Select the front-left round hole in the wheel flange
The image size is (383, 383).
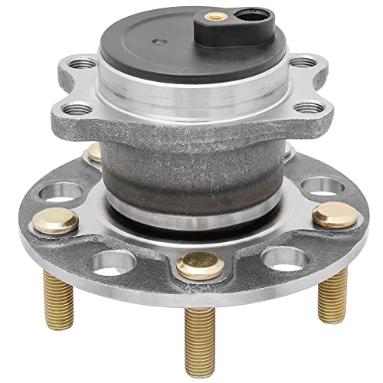[x=107, y=263]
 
